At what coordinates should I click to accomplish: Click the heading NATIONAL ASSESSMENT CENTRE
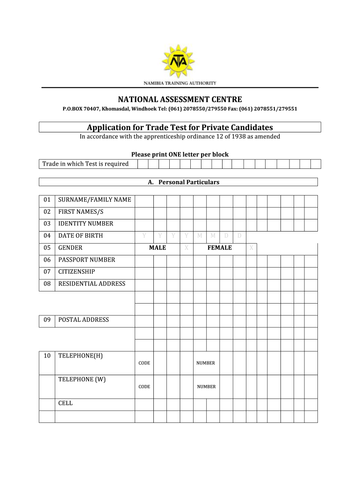click(180, 99)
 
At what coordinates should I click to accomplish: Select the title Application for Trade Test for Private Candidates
click(180, 127)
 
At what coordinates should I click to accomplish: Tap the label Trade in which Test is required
click(86, 164)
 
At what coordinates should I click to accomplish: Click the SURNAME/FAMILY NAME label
click(94, 200)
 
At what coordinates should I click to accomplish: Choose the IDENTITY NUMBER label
click(86, 224)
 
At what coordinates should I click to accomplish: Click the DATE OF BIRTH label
click(80, 236)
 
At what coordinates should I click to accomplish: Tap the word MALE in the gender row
click(158, 248)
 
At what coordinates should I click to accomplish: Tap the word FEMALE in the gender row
click(220, 248)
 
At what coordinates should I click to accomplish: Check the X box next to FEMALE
click(251, 248)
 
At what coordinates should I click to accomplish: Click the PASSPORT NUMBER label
click(86, 260)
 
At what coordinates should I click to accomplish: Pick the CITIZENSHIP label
click(77, 272)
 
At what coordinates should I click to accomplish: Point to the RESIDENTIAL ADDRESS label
click(92, 283)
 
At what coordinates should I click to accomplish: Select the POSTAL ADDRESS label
click(83, 320)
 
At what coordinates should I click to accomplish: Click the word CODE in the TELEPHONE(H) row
click(144, 363)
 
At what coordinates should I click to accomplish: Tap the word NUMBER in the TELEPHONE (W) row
click(206, 387)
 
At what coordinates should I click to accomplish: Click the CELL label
click(65, 403)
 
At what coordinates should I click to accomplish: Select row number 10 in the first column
click(47, 356)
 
